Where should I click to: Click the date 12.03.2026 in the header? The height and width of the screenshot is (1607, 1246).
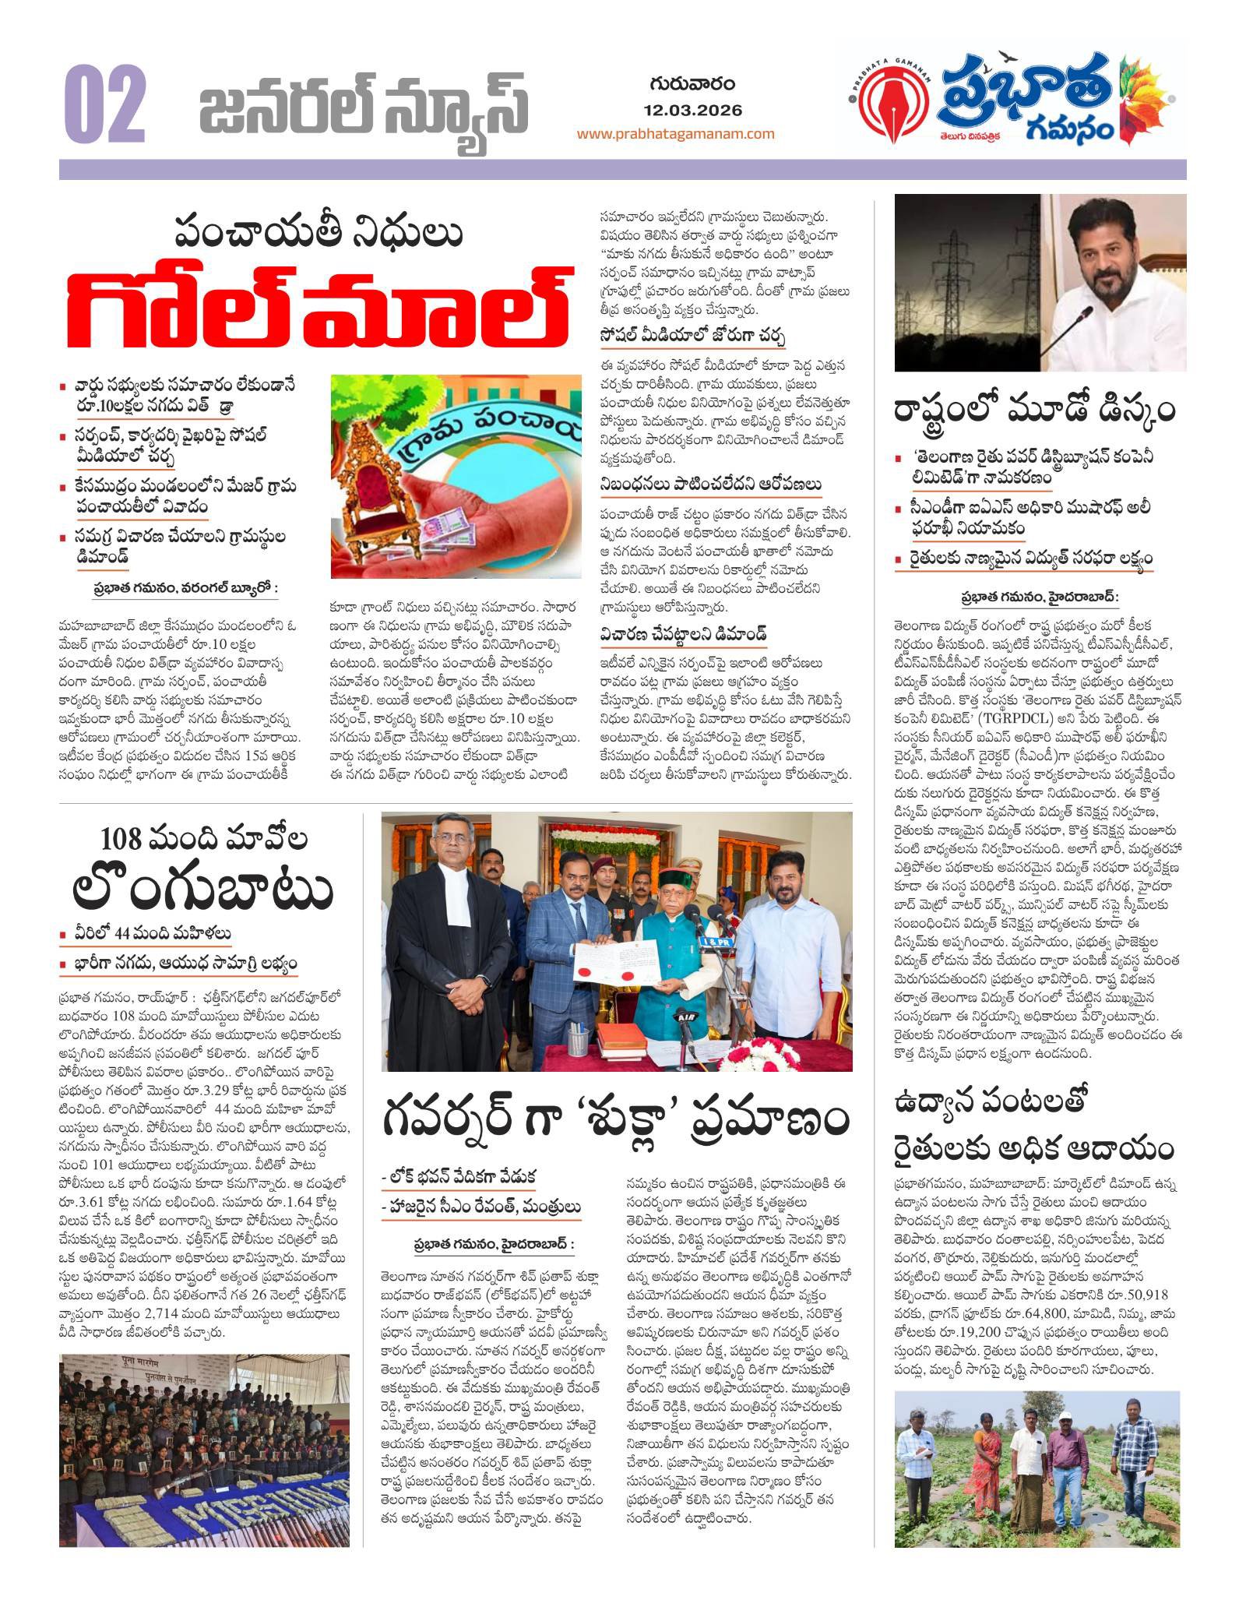[x=693, y=110]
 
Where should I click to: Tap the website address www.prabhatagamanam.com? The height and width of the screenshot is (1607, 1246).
[x=675, y=133]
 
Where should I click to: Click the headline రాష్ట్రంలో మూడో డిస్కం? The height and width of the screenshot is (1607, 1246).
[x=1035, y=411]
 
